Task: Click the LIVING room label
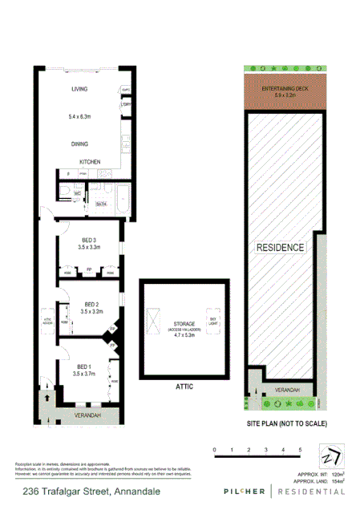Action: pyautogui.click(x=79, y=89)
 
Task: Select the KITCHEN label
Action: pyautogui.click(x=89, y=162)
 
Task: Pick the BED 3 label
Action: pyautogui.click(x=89, y=240)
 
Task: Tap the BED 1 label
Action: pyautogui.click(x=83, y=366)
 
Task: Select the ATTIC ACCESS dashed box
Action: pyautogui.click(x=47, y=318)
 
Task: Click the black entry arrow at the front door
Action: pyautogui.click(x=48, y=395)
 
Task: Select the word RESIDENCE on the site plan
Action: pyautogui.click(x=280, y=247)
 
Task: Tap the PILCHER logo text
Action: pyautogui.click(x=233, y=491)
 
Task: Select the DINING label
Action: pyautogui.click(x=79, y=144)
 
